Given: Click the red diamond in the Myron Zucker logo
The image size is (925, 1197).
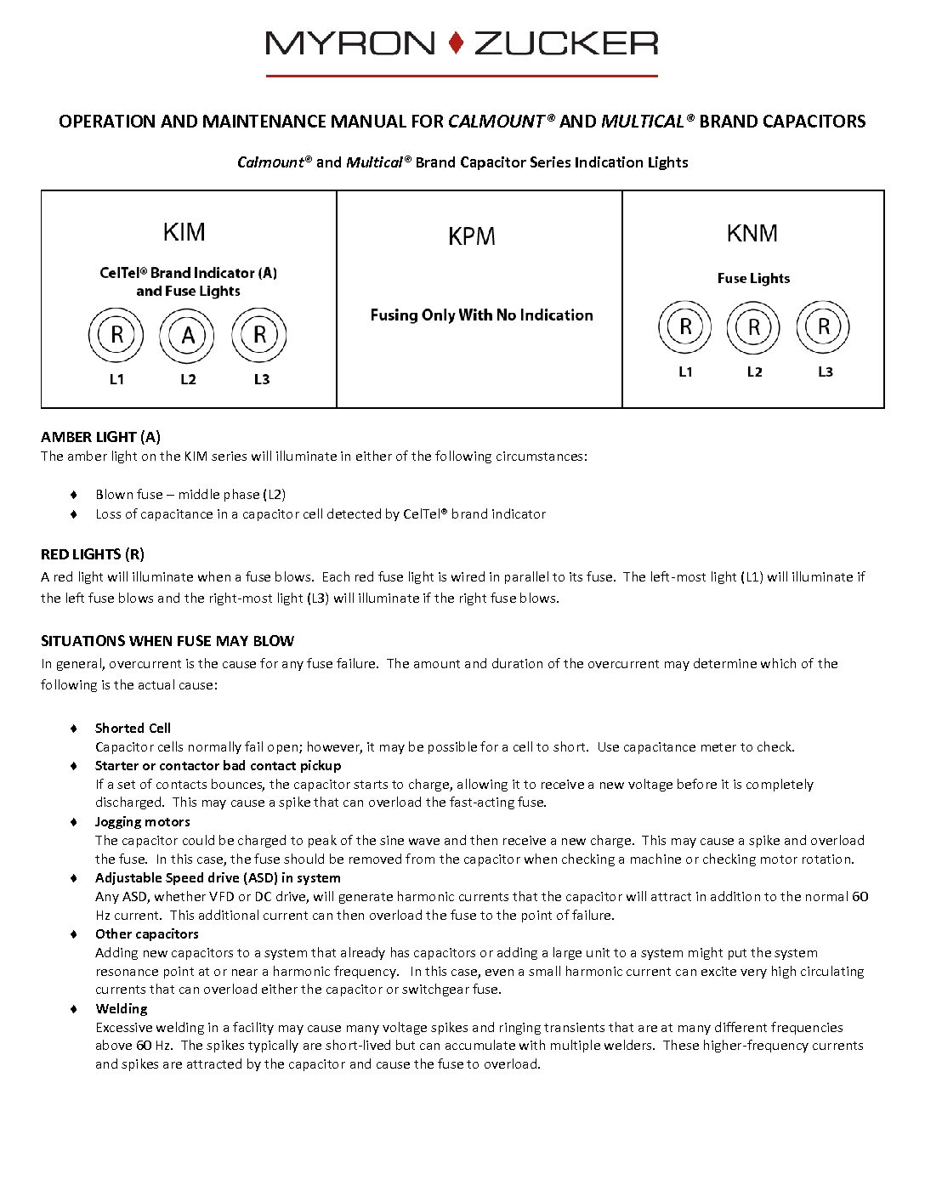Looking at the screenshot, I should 457,43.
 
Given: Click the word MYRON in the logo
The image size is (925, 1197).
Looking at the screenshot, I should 350,43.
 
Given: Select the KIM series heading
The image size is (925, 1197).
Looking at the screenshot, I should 184,232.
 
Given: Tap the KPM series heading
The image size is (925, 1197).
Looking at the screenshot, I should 471,236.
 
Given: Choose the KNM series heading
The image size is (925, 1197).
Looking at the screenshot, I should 752,233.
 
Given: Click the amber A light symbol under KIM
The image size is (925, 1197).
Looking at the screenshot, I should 188,336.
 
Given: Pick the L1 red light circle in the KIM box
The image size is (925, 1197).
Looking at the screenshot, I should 116,336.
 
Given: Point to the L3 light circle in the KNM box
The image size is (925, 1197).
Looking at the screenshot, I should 823,327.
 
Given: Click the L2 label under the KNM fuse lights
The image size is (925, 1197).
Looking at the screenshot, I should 754,372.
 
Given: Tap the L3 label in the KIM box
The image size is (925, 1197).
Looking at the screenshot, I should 262,379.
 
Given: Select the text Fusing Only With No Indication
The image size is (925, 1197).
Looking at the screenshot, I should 481,315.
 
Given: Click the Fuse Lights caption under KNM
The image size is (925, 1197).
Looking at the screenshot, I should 753,278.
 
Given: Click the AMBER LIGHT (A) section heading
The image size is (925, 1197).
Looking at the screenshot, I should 100,437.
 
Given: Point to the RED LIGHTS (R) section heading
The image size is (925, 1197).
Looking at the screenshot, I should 93,554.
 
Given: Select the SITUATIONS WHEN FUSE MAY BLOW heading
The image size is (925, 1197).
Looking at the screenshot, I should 167,641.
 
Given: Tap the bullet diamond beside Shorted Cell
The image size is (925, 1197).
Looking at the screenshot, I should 74,729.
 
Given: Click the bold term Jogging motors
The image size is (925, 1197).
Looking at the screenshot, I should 142,822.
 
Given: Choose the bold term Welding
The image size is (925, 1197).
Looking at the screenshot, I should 121,1009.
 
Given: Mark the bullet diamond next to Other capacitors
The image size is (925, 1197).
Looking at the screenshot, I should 74,934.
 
